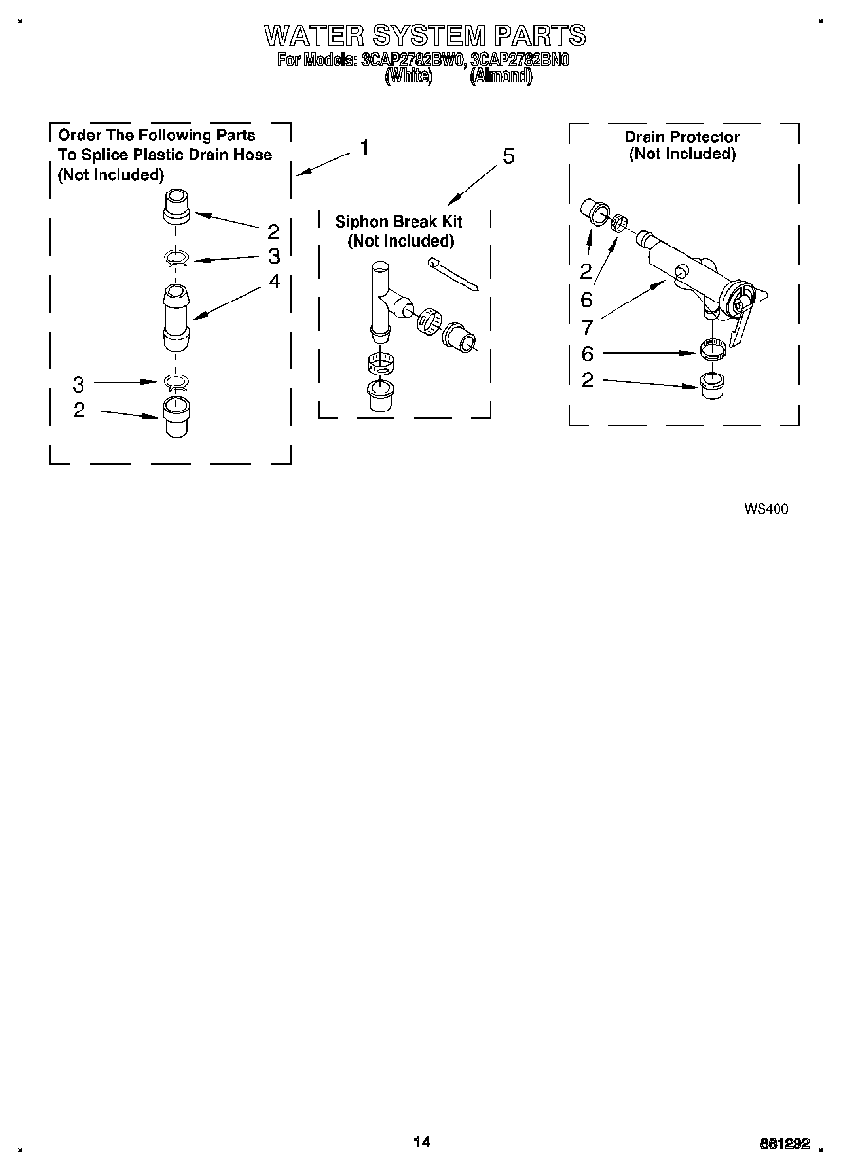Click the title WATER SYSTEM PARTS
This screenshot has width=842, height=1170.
tap(424, 36)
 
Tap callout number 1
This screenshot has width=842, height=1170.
tap(364, 149)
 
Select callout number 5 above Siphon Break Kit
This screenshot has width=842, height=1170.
tap(508, 157)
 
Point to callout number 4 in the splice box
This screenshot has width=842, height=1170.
tap(274, 282)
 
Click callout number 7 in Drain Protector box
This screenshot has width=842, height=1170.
tap(586, 327)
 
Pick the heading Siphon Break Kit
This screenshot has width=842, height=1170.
tap(398, 221)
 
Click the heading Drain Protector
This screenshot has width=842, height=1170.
tap(682, 137)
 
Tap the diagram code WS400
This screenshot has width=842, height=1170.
tap(766, 509)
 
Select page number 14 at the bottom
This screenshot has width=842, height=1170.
tap(422, 1142)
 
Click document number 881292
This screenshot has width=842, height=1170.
tap(786, 1143)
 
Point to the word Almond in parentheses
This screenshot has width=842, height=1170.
tap(501, 77)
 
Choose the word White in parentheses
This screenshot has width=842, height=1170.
tap(409, 77)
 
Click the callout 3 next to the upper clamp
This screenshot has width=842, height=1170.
tap(274, 256)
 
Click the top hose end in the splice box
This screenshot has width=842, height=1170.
tap(176, 208)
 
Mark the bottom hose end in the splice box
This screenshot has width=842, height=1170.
tap(176, 416)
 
